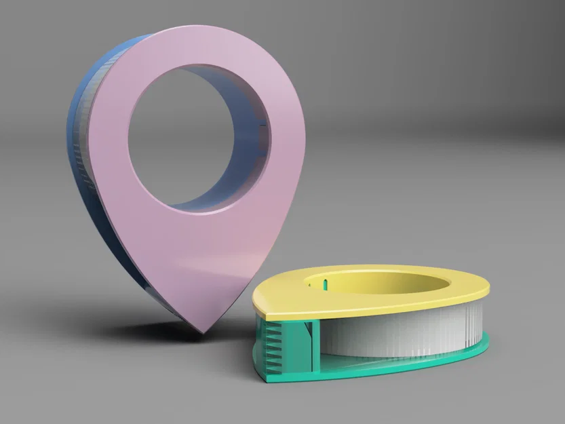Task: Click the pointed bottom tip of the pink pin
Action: tap(201, 330)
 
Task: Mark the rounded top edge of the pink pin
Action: tap(203, 31)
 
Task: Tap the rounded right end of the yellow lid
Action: tap(485, 288)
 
